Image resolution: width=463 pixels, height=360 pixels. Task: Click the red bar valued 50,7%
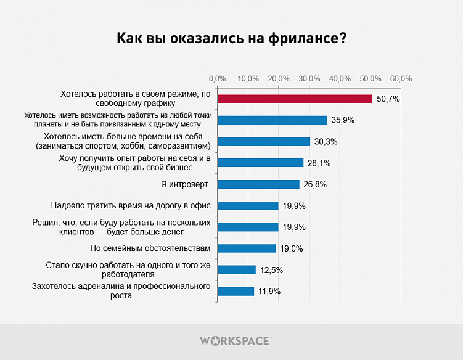[294, 99]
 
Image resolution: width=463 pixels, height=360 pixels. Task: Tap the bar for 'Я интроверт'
[258, 184]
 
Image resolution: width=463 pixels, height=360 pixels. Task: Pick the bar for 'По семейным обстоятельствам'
[246, 248]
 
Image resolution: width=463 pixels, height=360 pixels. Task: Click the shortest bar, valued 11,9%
[235, 291]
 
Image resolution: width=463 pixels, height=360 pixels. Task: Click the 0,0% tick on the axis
[217, 79]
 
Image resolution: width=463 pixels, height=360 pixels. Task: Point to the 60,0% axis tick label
[401, 79]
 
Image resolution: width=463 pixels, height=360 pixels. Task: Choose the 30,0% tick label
[309, 79]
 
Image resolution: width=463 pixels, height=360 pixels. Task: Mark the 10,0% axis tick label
[248, 79]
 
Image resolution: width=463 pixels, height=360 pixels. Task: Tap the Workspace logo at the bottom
[235, 340]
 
